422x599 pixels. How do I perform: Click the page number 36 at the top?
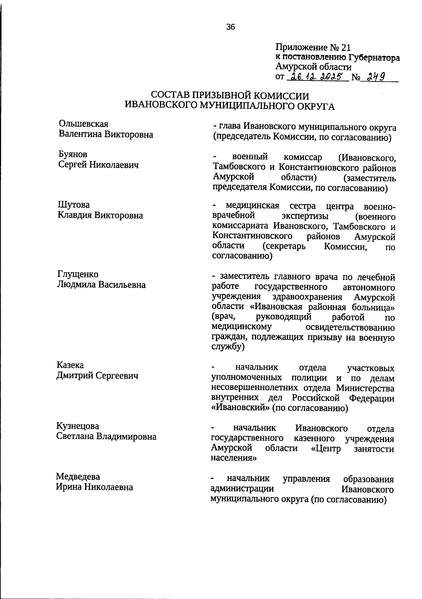coord(231,27)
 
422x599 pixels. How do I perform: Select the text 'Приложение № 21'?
coord(313,47)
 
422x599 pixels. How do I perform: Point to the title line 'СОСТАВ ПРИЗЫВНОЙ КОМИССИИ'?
coord(230,96)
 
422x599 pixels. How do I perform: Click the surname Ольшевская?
coord(84,124)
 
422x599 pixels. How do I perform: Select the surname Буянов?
coord(73,155)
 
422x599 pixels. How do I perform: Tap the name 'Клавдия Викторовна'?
coord(101,215)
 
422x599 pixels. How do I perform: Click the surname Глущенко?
coord(78,274)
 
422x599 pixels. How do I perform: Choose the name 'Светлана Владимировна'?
coord(107,437)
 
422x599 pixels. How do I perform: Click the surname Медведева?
coord(78,477)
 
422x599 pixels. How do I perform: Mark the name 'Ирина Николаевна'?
coord(95,487)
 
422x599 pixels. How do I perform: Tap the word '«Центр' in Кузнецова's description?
coord(326,449)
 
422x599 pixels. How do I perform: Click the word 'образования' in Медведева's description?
coord(369,479)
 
